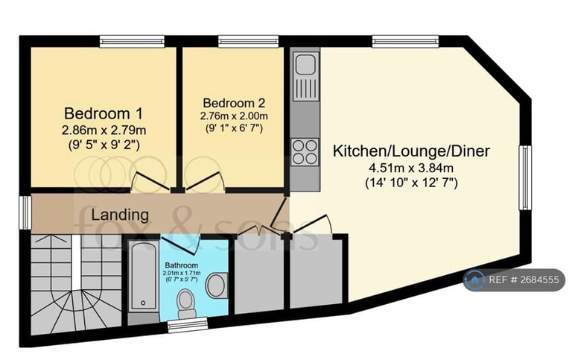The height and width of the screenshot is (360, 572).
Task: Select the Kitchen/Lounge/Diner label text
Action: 410,151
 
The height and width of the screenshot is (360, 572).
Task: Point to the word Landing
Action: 120,214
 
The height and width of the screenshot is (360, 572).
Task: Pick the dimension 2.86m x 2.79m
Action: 104,130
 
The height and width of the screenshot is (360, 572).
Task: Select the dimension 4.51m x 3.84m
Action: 410,167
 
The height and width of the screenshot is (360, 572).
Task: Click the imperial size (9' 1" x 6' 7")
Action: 234,127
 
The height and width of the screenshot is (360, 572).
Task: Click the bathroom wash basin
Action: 215,284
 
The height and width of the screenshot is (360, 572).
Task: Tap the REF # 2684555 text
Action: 523,280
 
